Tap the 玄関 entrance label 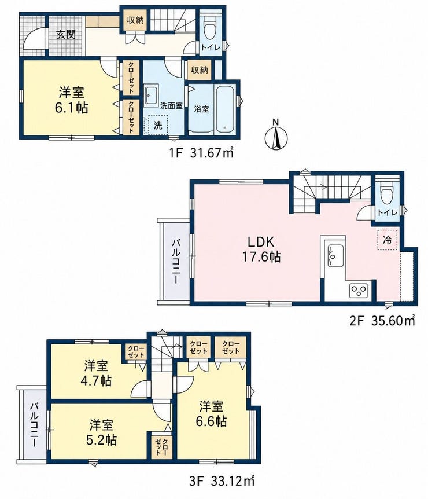(66, 35)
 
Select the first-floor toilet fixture (209, 28)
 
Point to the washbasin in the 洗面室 (151, 95)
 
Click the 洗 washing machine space (157, 125)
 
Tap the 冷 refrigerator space (388, 240)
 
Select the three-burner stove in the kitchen (359, 290)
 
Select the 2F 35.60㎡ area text (382, 321)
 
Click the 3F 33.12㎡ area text (222, 480)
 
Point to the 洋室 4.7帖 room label (98, 373)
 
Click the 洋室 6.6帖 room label (212, 414)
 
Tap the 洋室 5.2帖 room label (101, 432)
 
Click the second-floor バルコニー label (175, 262)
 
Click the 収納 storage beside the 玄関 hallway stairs (135, 20)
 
